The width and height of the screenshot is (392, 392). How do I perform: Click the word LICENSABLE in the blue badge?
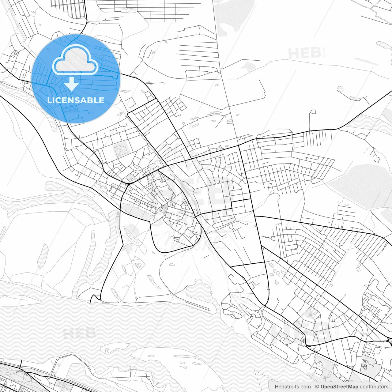click(x=76, y=100)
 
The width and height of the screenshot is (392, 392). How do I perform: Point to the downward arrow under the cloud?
click(x=71, y=84)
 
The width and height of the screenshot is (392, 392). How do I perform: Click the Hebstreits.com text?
click(x=292, y=386)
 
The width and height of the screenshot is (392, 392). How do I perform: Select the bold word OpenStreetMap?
click(x=339, y=386)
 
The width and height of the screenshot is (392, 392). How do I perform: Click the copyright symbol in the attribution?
click(x=317, y=386)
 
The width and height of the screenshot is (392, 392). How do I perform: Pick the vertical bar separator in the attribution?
click(x=313, y=386)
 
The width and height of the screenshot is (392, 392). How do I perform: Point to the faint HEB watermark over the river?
click(x=79, y=333)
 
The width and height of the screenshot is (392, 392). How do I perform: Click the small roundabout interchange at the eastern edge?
click(x=390, y=340)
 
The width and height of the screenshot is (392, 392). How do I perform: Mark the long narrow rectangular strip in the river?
click(x=198, y=306)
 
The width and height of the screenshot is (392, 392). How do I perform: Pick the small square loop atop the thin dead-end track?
click(x=312, y=112)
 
